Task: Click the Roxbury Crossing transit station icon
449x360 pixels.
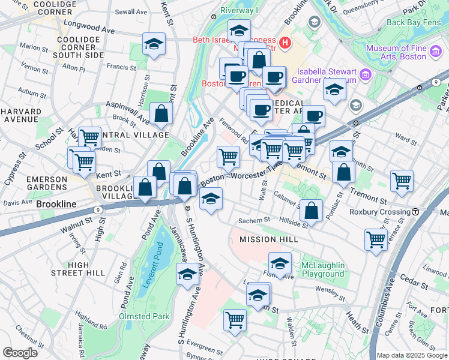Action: coord(415,212)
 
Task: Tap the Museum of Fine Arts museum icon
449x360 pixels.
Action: coord(366,75)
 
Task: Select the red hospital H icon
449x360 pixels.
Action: coord(285,43)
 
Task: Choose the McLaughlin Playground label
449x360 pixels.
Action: coord(323,269)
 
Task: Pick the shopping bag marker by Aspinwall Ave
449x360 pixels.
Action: coord(161,113)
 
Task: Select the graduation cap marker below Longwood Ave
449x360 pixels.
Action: coord(154,44)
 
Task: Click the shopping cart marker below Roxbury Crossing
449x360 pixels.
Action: coord(376,238)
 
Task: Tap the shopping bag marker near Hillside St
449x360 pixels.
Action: coord(311,210)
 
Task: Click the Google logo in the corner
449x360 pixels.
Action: coord(20,352)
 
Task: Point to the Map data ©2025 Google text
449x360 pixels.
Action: coord(412,355)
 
